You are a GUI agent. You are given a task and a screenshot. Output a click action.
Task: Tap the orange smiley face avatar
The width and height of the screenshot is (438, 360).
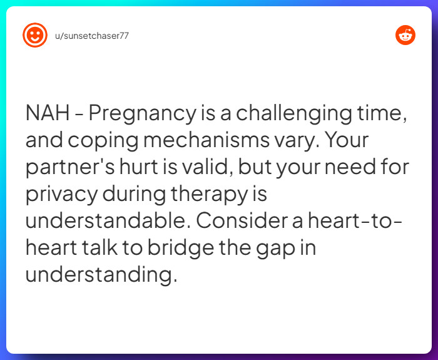[35, 35]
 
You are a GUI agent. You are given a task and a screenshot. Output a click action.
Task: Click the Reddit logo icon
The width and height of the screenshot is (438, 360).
[405, 35]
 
